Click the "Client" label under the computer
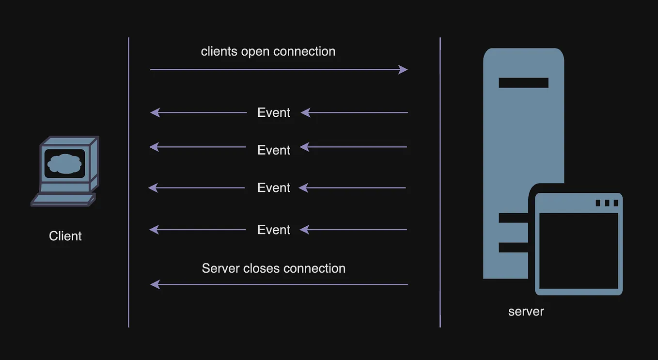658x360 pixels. coord(65,236)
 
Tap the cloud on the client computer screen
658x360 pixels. coord(64,164)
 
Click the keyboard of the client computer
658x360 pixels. coord(63,199)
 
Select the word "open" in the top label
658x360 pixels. coord(255,51)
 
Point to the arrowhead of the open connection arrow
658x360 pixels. coord(403,70)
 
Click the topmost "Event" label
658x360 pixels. coord(274,112)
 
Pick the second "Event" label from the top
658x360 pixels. coord(274,150)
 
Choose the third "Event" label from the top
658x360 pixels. coord(274,188)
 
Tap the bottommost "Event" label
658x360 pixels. coord(274,230)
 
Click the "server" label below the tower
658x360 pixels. coord(526,311)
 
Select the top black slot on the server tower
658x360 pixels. coord(523,83)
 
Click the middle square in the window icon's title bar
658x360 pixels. coord(607,203)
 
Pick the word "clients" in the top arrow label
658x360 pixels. coord(219,51)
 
